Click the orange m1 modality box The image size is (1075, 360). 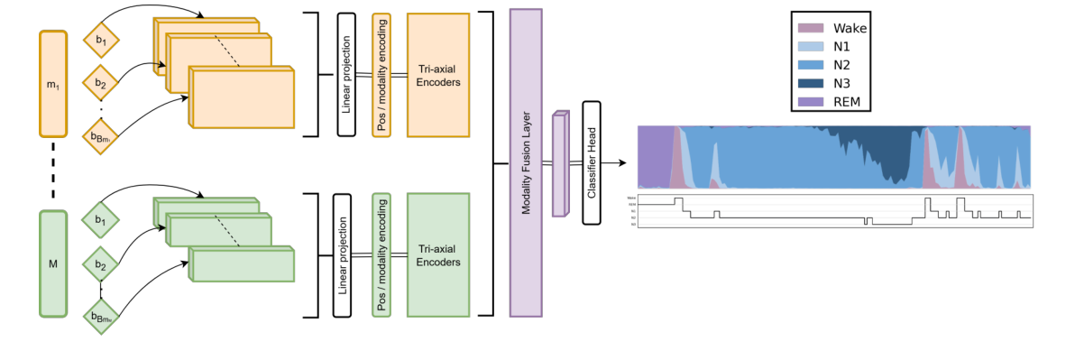click(x=53, y=83)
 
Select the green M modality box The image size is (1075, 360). click(x=53, y=263)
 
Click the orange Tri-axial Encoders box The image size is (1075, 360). click(x=439, y=75)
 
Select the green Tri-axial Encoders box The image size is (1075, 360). click(x=439, y=255)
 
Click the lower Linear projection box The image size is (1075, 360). click(x=342, y=254)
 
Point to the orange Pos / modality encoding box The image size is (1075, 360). click(x=381, y=75)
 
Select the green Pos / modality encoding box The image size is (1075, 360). click(x=381, y=254)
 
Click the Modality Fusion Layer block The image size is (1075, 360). click(x=525, y=163)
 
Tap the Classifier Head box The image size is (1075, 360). click(x=593, y=163)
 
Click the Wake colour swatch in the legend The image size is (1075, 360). click(x=811, y=28)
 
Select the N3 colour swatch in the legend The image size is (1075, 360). click(x=811, y=81)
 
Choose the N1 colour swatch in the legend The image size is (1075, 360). click(x=811, y=45)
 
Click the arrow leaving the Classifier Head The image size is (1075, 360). click(x=615, y=163)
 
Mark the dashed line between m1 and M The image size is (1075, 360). click(x=53, y=172)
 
